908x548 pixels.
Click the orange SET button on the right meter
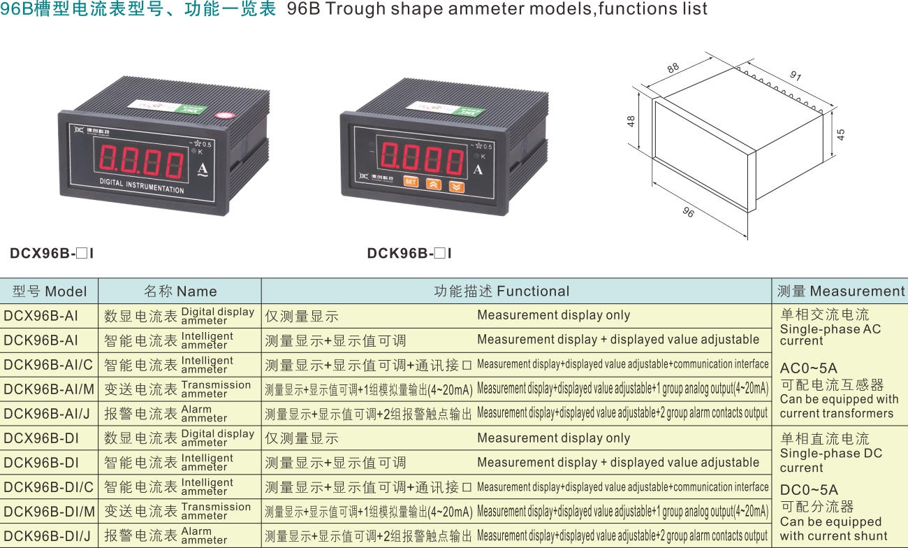[410, 181]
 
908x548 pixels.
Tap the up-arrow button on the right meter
[433, 185]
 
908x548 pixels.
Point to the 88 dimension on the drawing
[673, 68]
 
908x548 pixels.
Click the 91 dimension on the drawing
[796, 75]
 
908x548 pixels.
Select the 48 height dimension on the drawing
[631, 121]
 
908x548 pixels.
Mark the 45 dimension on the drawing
[841, 134]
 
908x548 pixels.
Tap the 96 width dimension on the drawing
[688, 212]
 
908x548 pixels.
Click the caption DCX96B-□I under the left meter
[52, 253]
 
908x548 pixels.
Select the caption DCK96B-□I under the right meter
[409, 253]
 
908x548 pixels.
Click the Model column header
[50, 291]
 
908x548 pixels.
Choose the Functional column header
[501, 291]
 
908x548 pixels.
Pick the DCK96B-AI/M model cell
[49, 389]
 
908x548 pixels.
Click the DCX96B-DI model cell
[41, 438]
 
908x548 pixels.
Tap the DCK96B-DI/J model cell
[47, 536]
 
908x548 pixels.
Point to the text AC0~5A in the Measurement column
[809, 368]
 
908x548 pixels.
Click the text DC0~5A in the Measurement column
[809, 489]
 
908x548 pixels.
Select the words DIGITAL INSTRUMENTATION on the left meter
[142, 186]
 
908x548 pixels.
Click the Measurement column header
[841, 291]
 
